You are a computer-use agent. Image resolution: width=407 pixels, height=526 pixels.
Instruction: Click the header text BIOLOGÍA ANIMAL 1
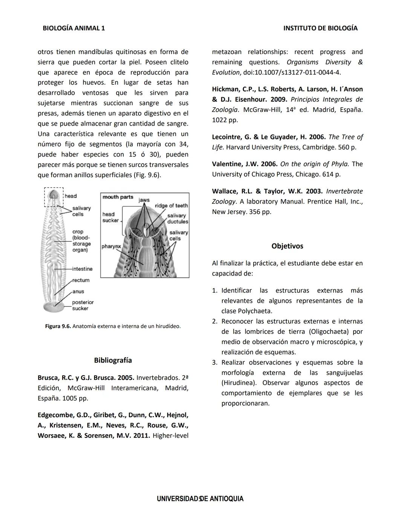(74, 28)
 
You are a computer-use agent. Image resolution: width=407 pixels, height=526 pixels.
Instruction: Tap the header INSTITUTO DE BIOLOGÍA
(320, 28)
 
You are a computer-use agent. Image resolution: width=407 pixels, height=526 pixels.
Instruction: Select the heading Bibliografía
(113, 360)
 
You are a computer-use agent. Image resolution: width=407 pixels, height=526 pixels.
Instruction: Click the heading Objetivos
(287, 246)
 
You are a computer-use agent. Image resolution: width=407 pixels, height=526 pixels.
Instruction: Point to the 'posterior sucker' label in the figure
(83, 305)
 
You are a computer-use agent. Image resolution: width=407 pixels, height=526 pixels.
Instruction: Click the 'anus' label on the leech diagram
(78, 291)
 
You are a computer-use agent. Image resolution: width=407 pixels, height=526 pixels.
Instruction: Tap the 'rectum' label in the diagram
(81, 280)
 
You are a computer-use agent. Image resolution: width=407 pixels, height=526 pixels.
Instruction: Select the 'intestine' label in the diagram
(82, 269)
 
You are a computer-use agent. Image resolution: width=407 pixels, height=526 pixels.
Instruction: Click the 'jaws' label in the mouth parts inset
(144, 200)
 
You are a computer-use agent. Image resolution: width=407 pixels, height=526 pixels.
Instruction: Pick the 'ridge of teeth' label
(171, 206)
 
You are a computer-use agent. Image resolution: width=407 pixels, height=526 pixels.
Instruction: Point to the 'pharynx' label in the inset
(111, 247)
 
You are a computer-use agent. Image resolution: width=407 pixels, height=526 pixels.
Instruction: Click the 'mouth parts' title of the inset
(118, 197)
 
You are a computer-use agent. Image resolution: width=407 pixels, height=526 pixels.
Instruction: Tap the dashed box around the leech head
(54, 197)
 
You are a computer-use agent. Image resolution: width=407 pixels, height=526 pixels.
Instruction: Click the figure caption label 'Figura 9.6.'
(58, 326)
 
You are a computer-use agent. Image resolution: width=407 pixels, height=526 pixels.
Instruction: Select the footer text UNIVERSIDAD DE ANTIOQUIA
(200, 499)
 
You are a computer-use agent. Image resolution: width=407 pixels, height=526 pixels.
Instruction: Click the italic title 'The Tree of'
(345, 137)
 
